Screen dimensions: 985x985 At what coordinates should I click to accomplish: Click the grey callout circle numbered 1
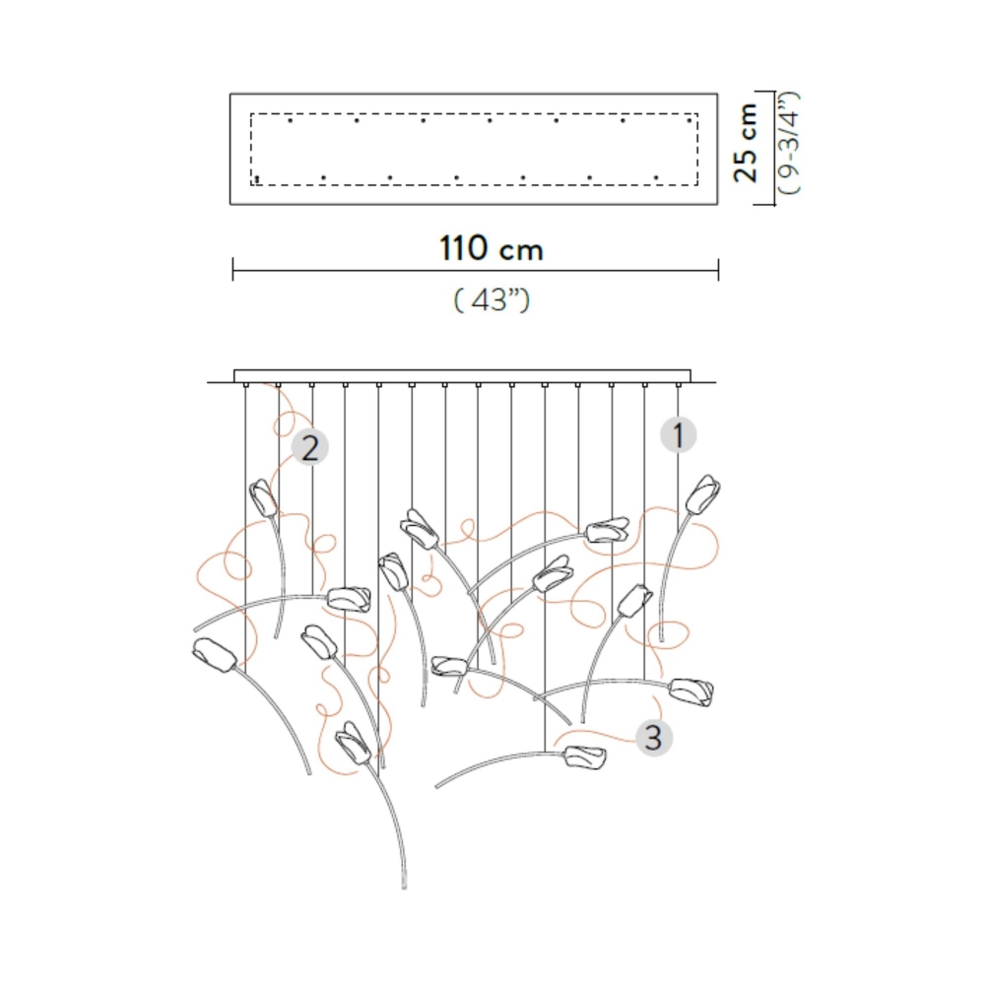point(678,433)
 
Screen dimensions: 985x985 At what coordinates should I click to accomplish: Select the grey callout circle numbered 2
point(310,449)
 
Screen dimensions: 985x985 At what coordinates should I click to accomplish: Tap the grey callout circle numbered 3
point(655,735)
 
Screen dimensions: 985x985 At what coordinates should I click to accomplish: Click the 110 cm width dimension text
point(492,248)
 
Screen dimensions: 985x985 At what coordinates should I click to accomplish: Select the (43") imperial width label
point(492,299)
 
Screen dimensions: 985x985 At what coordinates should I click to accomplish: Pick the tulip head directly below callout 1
point(703,494)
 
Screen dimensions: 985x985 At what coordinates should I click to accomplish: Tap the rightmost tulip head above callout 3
point(693,689)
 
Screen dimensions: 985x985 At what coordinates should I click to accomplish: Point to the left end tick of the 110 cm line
point(232,269)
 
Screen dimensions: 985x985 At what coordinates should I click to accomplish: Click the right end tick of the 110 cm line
point(718,269)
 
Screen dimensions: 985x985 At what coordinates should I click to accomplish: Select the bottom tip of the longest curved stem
point(405,887)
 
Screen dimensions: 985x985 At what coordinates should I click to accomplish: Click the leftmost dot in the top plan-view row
point(290,121)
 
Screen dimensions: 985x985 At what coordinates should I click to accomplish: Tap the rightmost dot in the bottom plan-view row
point(656,178)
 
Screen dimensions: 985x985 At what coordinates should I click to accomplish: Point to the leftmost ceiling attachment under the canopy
point(245,385)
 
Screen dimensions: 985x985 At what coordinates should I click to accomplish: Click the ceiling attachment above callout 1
point(678,385)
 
